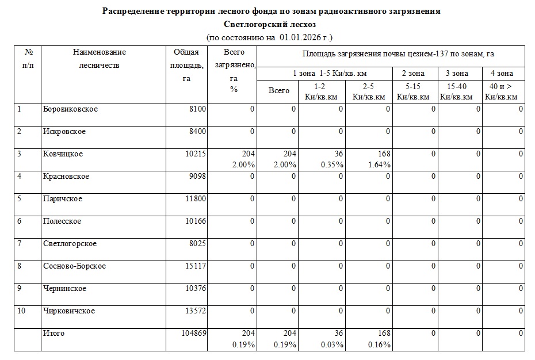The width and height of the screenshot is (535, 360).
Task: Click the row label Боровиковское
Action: pyautogui.click(x=70, y=109)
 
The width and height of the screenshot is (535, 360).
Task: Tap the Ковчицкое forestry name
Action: pyautogui.click(x=63, y=154)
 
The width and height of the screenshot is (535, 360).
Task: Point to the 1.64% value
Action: pyautogui.click(x=380, y=164)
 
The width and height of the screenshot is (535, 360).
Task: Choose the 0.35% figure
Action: pyautogui.click(x=333, y=164)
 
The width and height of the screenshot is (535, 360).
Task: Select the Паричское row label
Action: pyautogui.click(x=63, y=199)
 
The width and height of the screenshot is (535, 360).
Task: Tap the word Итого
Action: pyautogui.click(x=54, y=334)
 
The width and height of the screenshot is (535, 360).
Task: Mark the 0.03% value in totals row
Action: pyautogui.click(x=333, y=344)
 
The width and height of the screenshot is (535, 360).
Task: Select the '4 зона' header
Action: pyautogui.click(x=502, y=74)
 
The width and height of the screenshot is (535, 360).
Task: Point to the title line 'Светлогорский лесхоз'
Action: pyautogui.click(x=270, y=25)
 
